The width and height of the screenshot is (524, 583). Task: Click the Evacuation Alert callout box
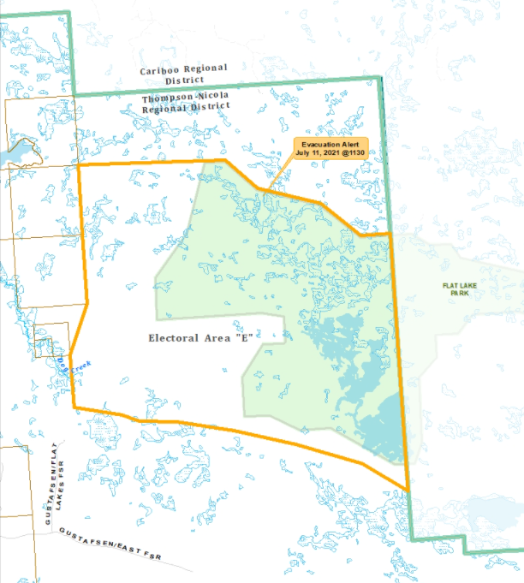(x=332, y=148)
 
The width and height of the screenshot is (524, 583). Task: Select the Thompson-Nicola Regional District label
(x=186, y=104)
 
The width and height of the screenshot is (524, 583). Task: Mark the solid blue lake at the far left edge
(x=12, y=155)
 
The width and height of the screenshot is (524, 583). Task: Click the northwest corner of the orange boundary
(x=79, y=165)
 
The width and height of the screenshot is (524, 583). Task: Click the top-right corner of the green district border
(x=379, y=78)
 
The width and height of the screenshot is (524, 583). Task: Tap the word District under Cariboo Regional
(x=185, y=80)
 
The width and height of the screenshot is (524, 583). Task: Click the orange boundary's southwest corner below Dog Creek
(x=74, y=407)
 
